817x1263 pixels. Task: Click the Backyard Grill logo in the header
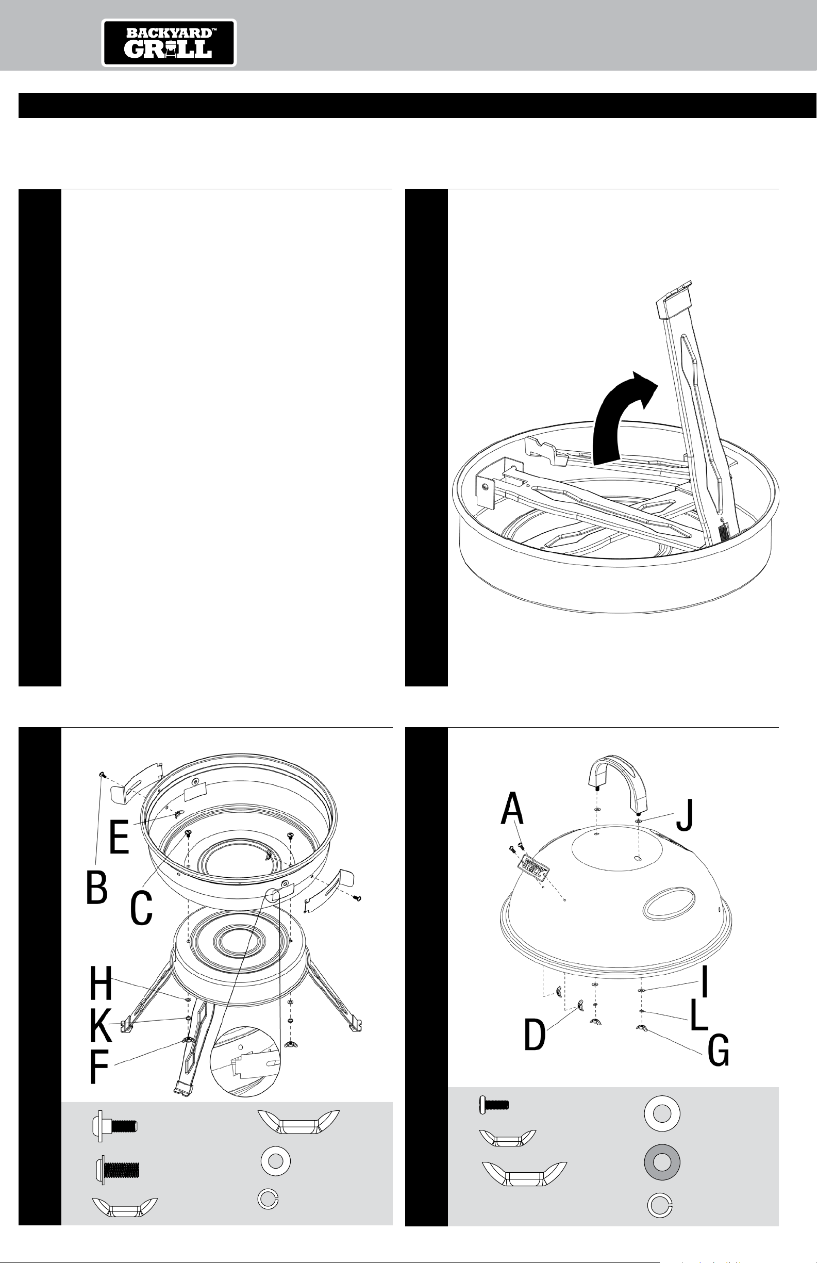(169, 43)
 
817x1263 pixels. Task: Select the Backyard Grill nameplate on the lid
(536, 867)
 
